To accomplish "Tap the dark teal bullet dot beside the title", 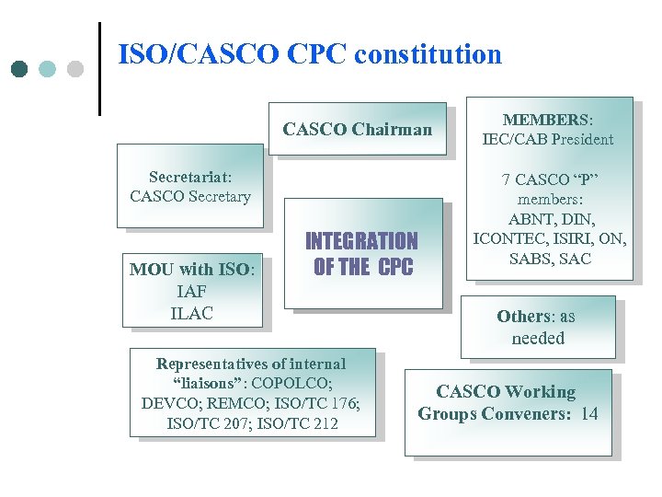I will pos(19,69).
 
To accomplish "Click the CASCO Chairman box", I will pos(357,129).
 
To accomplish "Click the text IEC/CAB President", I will pos(549,140).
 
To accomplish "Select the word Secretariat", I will pos(189,176).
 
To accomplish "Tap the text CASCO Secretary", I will pos(190,196).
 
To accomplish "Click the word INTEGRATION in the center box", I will pos(361,242).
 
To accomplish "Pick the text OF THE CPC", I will pos(363,268).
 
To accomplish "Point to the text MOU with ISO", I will pos(191,270).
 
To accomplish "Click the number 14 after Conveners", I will pos(588,414).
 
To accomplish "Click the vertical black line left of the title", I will pos(99,69).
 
